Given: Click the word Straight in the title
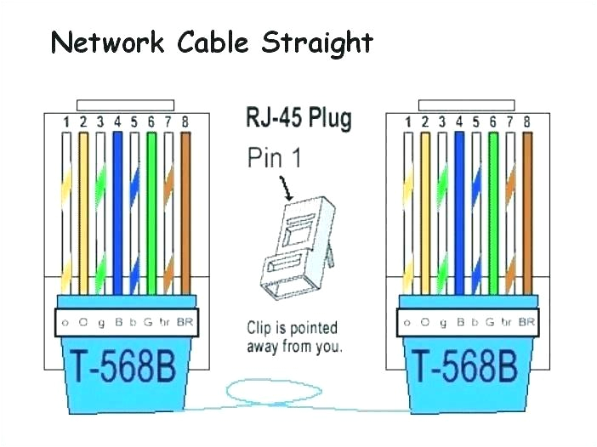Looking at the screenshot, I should pos(316,43).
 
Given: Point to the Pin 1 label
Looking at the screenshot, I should pos(274,158).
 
